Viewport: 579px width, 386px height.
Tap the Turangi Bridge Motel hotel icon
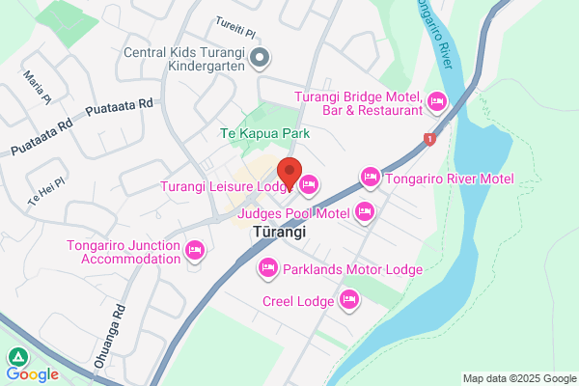[x=436, y=101]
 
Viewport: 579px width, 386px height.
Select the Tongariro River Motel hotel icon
[x=370, y=178]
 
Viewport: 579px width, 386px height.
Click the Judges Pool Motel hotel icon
[x=365, y=211]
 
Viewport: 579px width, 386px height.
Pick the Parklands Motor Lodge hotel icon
[x=267, y=268]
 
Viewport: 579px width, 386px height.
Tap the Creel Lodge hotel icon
[x=349, y=302]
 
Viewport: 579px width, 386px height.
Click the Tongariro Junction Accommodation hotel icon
[x=195, y=252]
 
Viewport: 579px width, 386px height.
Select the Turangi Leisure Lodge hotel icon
[x=309, y=184]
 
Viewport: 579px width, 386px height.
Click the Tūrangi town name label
[x=279, y=233]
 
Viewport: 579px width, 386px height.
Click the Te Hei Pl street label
[x=46, y=189]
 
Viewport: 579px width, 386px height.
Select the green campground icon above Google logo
[x=16, y=356]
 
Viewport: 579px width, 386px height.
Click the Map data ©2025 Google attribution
[x=516, y=377]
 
